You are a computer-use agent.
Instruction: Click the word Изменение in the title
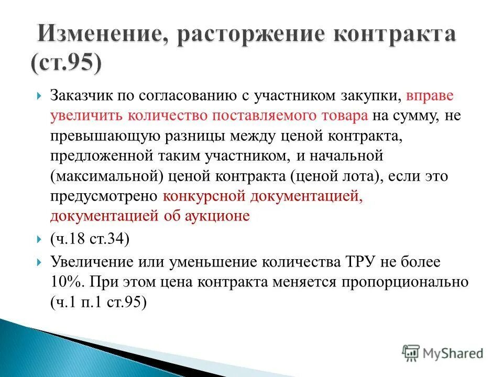coord(97,37)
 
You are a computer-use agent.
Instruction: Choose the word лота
coord(358,176)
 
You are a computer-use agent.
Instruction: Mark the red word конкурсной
coord(204,196)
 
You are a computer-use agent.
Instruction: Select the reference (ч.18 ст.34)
coord(89,239)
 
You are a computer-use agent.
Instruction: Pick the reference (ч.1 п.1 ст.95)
coord(98,302)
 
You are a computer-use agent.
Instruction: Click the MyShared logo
coord(442,353)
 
